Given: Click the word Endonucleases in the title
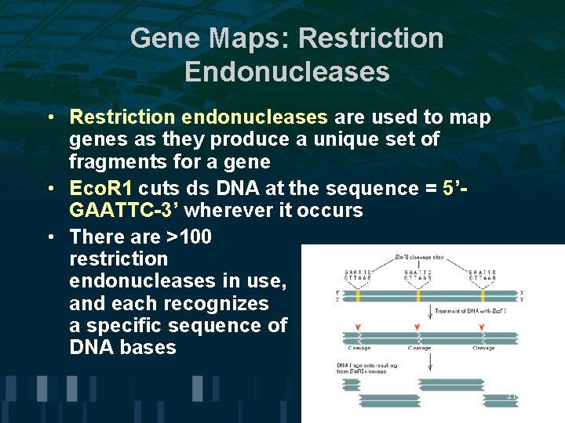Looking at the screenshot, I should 286,71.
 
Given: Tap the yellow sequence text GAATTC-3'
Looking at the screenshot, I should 124,211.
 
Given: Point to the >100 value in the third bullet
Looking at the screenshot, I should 188,237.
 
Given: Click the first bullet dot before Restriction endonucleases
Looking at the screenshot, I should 49,117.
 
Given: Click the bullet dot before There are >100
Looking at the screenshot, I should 49,237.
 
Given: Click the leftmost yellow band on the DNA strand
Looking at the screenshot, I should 358,297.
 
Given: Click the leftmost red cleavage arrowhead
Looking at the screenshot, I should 359,327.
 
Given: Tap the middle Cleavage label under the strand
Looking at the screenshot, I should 421,348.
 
